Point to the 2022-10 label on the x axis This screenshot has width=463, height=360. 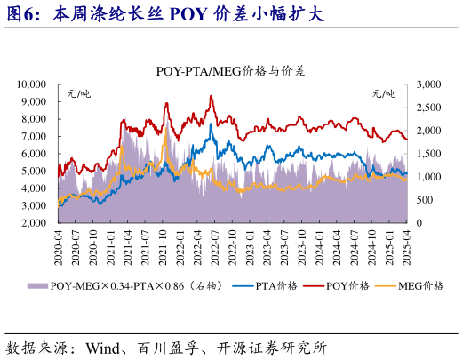tap(233, 241)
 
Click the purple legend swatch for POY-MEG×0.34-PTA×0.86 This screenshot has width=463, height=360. tap(36, 285)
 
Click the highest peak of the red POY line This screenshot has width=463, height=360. tap(211, 96)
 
